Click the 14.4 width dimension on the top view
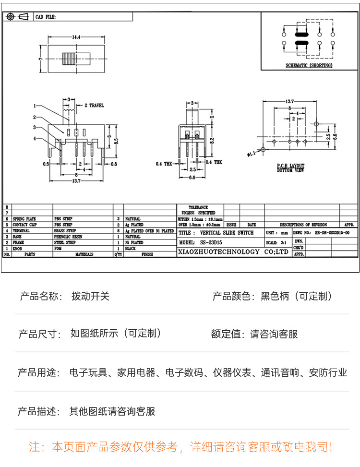pyautogui.click(x=76, y=37)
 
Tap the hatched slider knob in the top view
pyautogui.click(x=69, y=59)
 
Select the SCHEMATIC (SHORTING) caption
pyautogui.click(x=309, y=66)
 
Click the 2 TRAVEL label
pyautogui.click(x=94, y=105)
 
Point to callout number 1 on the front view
pyautogui.click(x=35, y=106)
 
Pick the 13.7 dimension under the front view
pyautogui.click(x=76, y=180)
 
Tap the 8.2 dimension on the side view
pyautogui.click(x=212, y=141)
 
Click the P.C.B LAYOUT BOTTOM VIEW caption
pyautogui.click(x=290, y=168)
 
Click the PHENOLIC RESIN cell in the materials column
pyautogui.click(x=68, y=237)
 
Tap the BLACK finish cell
pyautogui.click(x=131, y=249)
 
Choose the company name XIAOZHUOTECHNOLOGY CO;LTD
pyautogui.click(x=233, y=251)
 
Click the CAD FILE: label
pyautogui.click(x=45, y=17)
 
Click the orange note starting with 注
pyautogui.click(x=180, y=447)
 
